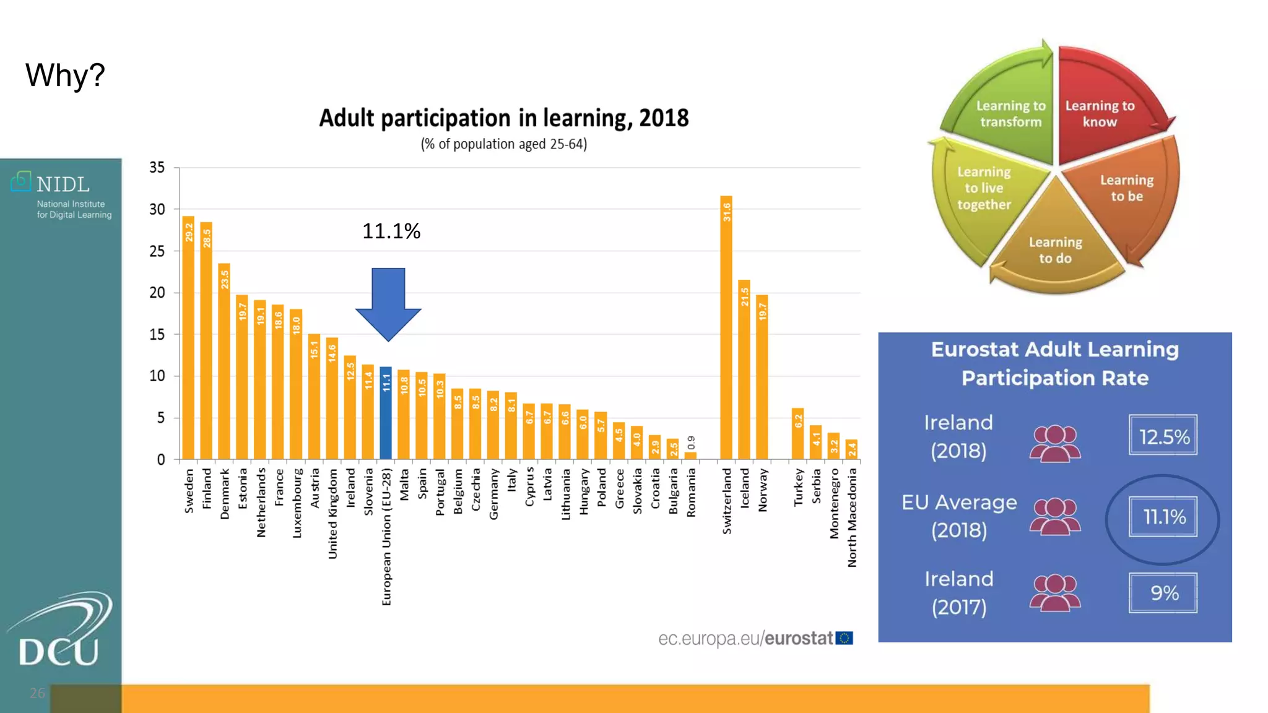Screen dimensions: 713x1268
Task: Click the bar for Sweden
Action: (188, 337)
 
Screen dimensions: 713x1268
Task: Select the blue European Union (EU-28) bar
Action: (386, 413)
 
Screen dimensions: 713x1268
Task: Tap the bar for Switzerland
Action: (726, 327)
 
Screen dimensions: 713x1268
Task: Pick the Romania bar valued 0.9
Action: (690, 456)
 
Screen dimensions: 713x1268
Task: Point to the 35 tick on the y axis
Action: (157, 168)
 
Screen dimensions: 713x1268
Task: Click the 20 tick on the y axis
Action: (157, 293)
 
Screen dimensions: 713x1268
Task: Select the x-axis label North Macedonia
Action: (853, 517)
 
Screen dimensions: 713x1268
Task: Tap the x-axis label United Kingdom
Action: (332, 514)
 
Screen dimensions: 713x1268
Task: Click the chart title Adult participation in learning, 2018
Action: (503, 118)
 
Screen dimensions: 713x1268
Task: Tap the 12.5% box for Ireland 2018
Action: (1163, 436)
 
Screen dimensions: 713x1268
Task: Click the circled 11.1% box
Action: (1163, 517)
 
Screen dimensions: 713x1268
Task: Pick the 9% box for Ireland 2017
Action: (1163, 593)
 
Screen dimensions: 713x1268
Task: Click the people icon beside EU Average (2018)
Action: (1055, 517)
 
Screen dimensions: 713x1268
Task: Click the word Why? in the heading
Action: (65, 76)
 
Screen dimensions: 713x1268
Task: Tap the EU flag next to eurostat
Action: (845, 638)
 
